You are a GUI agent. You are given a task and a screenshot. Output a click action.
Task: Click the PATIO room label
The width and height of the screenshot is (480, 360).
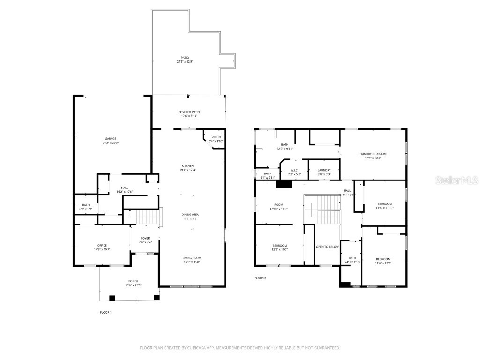point(185,57)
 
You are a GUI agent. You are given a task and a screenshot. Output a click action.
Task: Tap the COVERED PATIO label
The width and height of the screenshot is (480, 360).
point(189,112)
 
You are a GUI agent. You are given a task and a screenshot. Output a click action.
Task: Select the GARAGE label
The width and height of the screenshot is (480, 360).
point(111,138)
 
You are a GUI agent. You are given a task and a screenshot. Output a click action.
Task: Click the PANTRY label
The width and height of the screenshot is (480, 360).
point(216,137)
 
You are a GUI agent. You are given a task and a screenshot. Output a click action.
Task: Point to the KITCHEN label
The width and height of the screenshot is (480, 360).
point(187,165)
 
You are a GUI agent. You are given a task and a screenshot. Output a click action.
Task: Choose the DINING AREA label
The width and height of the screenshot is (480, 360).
point(190,214)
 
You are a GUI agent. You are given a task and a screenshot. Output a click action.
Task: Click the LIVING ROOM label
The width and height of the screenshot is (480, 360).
point(191,257)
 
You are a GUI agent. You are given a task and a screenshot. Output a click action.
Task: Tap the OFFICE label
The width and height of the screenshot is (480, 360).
point(102,245)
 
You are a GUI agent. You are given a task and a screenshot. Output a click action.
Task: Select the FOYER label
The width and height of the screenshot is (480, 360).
point(145,238)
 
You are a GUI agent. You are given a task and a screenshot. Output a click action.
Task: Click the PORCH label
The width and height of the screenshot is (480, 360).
point(134,281)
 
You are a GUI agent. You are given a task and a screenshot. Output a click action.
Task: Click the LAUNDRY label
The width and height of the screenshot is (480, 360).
point(324,170)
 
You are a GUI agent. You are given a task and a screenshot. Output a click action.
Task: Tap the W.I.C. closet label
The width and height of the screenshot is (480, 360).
point(294,170)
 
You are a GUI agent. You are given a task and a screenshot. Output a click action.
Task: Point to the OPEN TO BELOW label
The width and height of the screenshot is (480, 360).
point(327,246)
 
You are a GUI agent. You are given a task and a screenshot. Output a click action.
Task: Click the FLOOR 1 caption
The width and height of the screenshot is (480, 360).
point(106,312)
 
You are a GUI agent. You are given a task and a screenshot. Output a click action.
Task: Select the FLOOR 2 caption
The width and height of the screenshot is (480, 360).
point(260,278)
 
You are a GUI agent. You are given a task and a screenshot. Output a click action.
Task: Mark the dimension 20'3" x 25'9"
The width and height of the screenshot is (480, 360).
point(111,142)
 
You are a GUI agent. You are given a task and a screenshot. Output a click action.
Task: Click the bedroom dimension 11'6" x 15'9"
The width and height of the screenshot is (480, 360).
point(383,263)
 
